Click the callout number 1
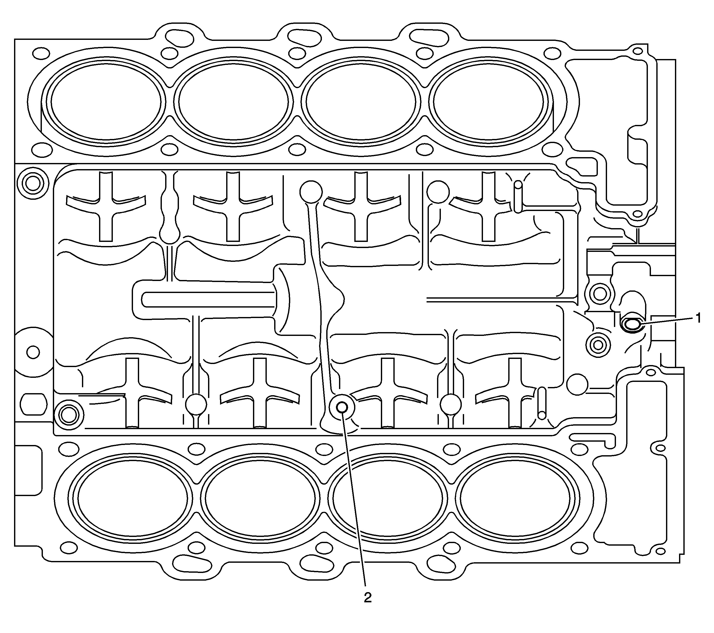pos(698,318)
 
